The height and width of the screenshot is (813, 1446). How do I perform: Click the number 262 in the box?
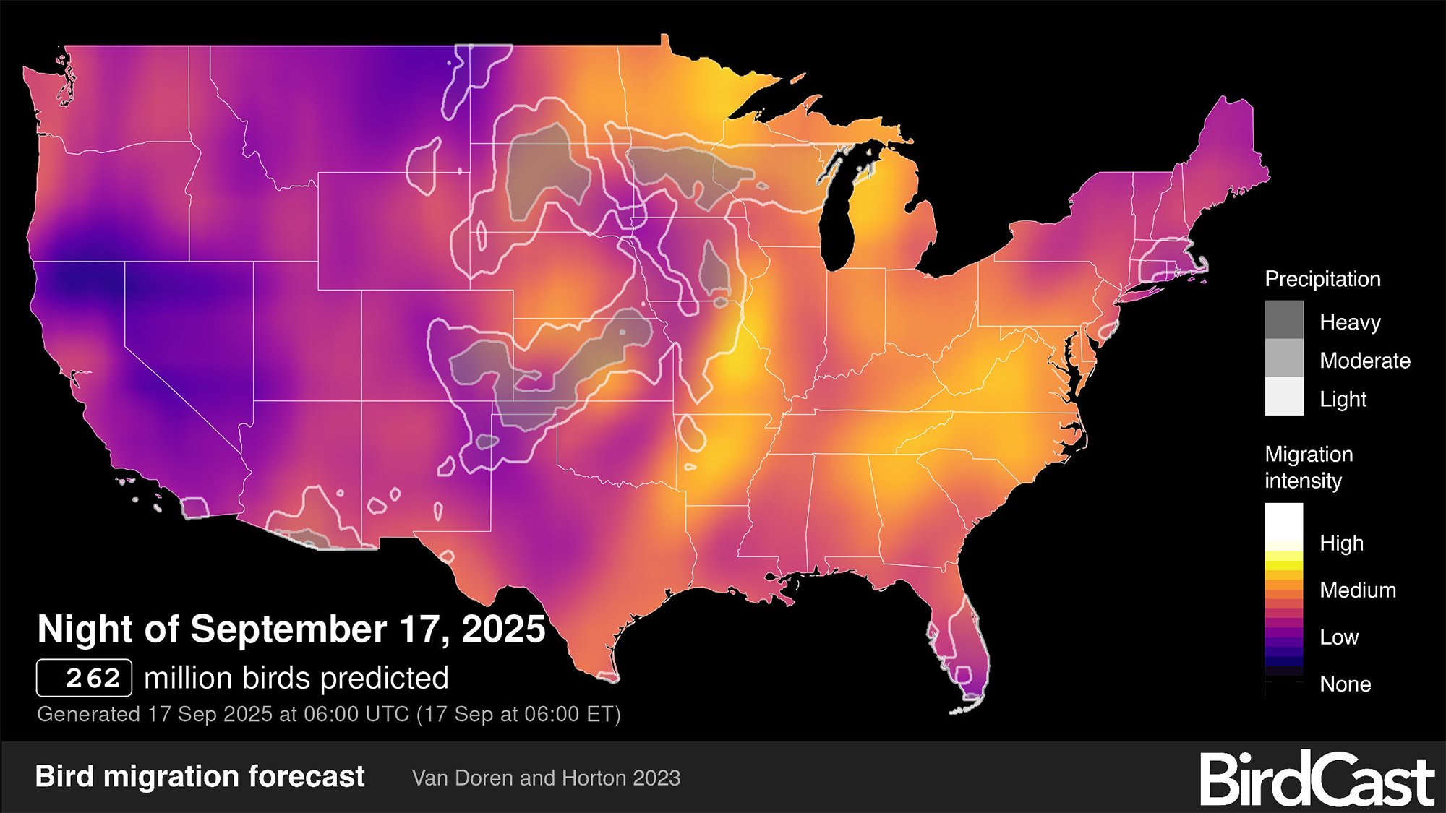[93, 678]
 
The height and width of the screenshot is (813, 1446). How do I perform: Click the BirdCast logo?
[1317, 779]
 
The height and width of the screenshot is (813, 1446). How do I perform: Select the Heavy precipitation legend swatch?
[1284, 320]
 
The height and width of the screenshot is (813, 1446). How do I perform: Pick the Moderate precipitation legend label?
[1364, 361]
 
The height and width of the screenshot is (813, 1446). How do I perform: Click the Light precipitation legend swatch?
[1284, 397]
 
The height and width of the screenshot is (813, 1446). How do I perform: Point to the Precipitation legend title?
[1322, 279]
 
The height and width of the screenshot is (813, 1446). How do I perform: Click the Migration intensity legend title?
[1309, 467]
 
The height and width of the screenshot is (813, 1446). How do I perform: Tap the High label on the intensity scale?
[1341, 543]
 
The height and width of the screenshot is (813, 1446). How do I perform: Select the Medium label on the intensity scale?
[1357, 590]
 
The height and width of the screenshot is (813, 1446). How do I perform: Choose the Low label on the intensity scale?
[1339, 637]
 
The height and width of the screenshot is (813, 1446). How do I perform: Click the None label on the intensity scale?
[1345, 684]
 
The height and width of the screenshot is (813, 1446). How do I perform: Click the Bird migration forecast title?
[200, 776]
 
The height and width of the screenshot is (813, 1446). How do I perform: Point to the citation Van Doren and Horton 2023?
[546, 778]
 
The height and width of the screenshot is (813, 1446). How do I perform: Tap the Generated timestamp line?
[329, 714]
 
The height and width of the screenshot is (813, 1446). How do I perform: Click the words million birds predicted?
[296, 678]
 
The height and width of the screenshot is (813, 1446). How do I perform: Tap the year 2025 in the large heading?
[503, 629]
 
